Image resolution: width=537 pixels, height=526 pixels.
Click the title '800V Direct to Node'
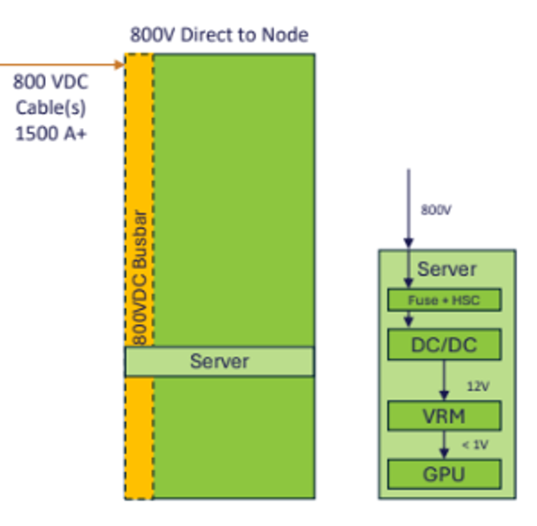[219, 35]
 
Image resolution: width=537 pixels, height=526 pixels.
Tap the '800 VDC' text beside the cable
[51, 83]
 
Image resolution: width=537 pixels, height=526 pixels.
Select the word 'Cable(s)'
[51, 108]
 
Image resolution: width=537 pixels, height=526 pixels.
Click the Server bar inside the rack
[219, 361]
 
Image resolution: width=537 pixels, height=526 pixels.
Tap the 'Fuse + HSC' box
[444, 299]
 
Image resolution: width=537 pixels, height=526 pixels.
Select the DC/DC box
[444, 344]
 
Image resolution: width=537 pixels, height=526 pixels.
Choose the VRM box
[444, 415]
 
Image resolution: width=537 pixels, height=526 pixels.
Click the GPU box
[444, 474]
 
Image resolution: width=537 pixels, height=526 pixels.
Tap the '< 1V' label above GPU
[475, 445]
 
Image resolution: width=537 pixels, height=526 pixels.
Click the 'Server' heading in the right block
[447, 269]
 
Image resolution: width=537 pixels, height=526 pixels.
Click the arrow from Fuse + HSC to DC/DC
[408, 320]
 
